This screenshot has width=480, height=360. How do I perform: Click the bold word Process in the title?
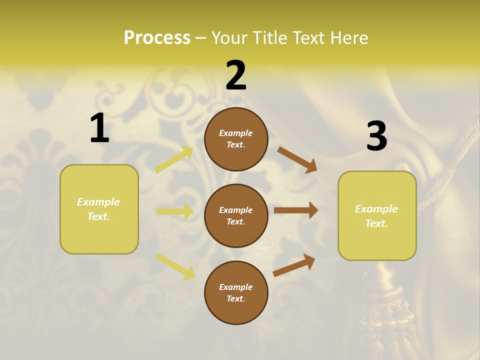[157, 37]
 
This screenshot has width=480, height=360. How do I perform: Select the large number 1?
[99, 128]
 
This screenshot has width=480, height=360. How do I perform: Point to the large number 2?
[236, 75]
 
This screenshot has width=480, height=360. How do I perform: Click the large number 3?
[376, 136]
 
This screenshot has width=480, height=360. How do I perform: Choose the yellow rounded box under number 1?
[99, 209]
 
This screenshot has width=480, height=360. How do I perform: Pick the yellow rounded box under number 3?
[377, 215]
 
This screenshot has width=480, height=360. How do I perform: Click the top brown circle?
[236, 139]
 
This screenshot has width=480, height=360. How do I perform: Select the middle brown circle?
[236, 215]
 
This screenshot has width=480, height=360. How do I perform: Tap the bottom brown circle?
[236, 292]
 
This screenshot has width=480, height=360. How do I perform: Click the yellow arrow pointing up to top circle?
[174, 159]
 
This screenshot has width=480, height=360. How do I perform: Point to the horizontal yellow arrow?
[175, 211]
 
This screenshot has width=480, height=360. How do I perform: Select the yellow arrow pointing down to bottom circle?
[175, 266]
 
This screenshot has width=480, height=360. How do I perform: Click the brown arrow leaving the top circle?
[297, 159]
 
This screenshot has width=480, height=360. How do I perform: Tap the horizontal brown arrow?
[296, 210]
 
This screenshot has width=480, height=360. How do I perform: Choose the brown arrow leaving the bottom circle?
[294, 265]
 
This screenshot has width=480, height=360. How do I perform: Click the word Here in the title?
[350, 37]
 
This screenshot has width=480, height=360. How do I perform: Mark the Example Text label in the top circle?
[236, 139]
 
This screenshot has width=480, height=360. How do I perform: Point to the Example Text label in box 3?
[376, 216]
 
